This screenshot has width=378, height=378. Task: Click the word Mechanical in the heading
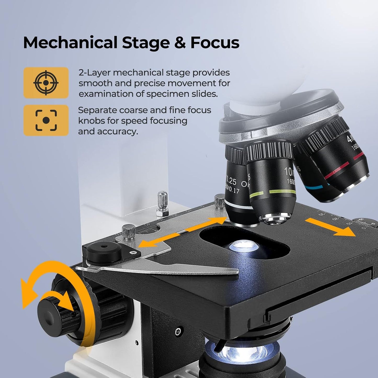coord(70,42)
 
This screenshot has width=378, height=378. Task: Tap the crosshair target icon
coord(46,83)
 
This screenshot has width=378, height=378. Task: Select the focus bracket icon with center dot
coord(46,120)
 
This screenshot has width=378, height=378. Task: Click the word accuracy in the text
coord(118,131)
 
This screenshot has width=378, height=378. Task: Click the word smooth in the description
coord(92,83)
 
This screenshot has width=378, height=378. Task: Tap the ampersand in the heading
coord(180,43)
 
